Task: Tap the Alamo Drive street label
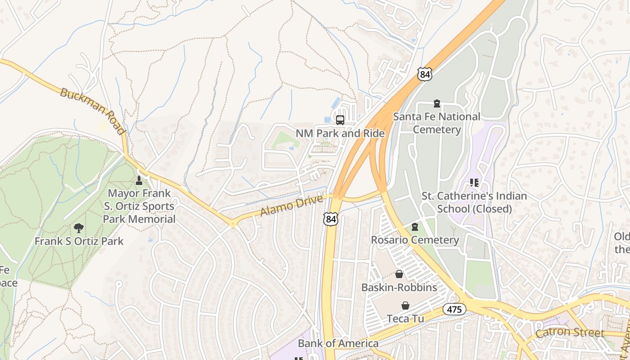click(x=292, y=205)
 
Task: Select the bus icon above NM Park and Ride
click(x=340, y=120)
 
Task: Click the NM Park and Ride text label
click(x=340, y=134)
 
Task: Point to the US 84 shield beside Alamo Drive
click(x=331, y=219)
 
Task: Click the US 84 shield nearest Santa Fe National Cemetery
click(x=424, y=74)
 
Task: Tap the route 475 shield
click(x=454, y=309)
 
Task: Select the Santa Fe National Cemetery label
click(x=436, y=123)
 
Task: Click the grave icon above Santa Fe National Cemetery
click(x=436, y=103)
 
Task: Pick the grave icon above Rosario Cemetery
click(x=415, y=227)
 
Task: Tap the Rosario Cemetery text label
click(x=415, y=240)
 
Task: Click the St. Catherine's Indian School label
click(x=474, y=202)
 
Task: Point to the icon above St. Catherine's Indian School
click(x=474, y=183)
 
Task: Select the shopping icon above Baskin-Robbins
click(x=399, y=274)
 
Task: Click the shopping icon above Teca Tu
click(x=405, y=306)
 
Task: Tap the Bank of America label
click(x=338, y=344)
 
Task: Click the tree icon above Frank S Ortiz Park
click(x=79, y=228)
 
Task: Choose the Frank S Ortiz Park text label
click(x=79, y=241)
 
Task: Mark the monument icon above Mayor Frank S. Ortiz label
click(x=139, y=180)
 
